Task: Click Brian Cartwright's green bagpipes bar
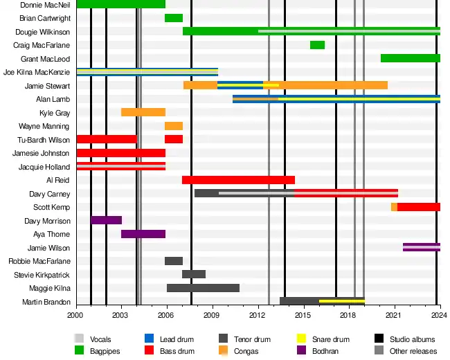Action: point(174,18)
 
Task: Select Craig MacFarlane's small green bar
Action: point(317,45)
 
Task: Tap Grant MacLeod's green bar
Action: point(411,58)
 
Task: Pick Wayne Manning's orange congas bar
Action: point(174,126)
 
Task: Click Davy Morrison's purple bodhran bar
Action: point(106,220)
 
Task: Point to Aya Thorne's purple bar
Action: point(143,234)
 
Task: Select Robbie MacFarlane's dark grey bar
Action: point(174,261)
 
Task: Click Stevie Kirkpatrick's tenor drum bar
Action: point(194,274)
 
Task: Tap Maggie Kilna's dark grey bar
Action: point(203,288)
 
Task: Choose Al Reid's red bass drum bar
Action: point(238,180)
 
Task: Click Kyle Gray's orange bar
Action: point(143,112)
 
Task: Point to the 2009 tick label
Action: point(211,315)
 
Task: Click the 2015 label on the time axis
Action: point(303,315)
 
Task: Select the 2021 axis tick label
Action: point(393,315)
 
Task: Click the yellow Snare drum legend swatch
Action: point(301,339)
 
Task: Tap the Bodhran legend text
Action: point(325,351)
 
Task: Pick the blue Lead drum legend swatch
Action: point(150,339)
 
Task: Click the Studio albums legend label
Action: point(413,339)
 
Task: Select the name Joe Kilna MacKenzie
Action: point(37,72)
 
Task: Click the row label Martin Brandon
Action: point(46,302)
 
